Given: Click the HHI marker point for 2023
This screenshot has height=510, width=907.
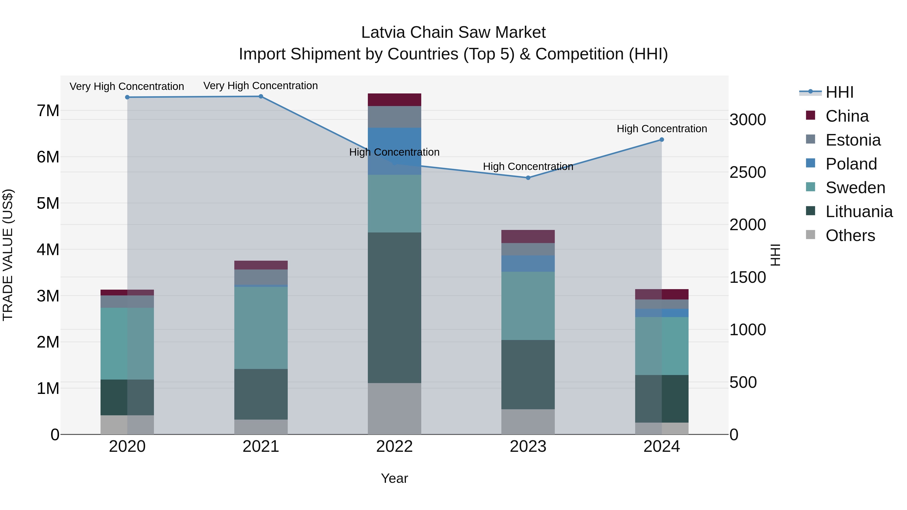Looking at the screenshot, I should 528,178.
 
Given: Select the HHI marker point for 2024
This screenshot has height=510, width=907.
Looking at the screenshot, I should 661,140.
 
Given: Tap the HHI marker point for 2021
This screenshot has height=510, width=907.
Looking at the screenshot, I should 261,96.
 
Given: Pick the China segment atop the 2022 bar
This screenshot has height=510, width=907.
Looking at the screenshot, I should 394,99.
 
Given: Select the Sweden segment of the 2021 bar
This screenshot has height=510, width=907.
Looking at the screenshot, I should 261,327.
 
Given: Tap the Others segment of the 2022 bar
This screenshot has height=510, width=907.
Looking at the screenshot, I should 394,408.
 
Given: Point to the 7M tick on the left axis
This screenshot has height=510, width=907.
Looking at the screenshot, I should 48,111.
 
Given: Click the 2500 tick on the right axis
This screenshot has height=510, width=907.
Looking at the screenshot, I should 748,172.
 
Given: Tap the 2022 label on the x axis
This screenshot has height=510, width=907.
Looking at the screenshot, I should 394,446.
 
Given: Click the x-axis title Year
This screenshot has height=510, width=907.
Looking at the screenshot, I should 394,478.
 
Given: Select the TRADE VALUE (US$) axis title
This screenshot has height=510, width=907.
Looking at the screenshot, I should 8,255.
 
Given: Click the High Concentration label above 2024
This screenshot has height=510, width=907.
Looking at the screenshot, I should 662,129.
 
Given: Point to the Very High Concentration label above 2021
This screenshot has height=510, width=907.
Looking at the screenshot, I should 261,86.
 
